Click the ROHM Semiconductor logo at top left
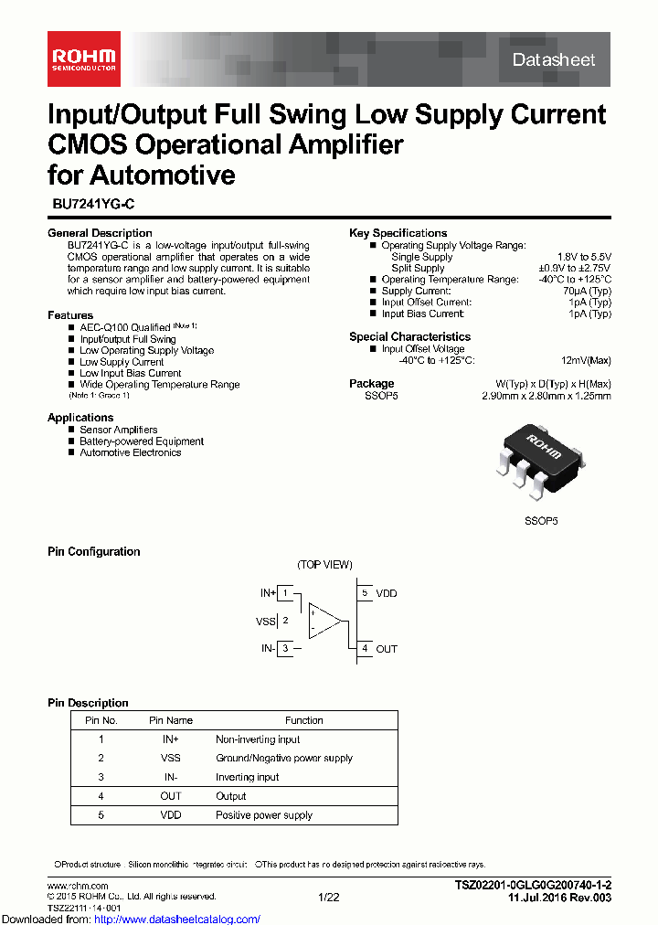coord(83,60)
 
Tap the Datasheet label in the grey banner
coord(554,60)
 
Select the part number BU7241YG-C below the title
coord(92,207)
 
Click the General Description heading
coord(100,233)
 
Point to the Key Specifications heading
coord(398,233)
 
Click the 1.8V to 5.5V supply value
coord(584,257)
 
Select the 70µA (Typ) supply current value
coord(588,291)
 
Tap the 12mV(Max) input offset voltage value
coord(586,360)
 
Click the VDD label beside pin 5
coord(387,593)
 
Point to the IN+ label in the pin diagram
coord(268,593)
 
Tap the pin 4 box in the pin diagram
coord(365,649)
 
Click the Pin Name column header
coord(171,720)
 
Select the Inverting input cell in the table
coord(247,777)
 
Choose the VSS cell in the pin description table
coord(171,758)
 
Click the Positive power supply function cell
coord(264,815)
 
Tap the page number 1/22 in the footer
coord(328,898)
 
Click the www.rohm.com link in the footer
coord(78,886)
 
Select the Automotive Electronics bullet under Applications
coord(130,452)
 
